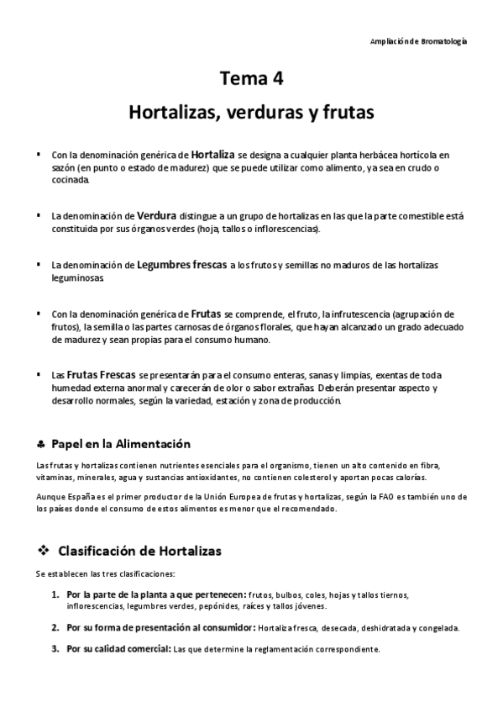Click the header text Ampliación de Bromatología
418,41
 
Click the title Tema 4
251,80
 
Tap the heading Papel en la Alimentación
121,443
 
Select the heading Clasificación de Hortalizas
139,552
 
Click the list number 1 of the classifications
55,595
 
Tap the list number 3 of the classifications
55,648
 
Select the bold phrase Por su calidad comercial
118,648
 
